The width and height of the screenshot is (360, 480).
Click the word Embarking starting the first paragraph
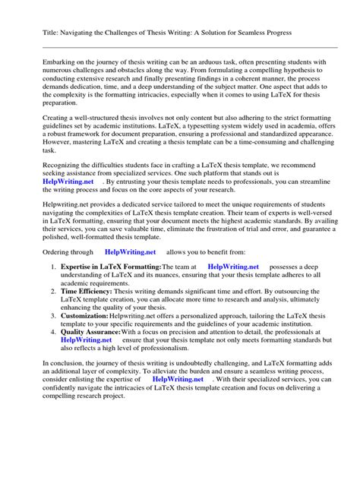(65, 61)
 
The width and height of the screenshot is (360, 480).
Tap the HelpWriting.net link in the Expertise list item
(233, 267)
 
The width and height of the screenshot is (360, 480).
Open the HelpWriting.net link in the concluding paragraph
(178, 399)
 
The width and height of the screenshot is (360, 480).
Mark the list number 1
(53, 267)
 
